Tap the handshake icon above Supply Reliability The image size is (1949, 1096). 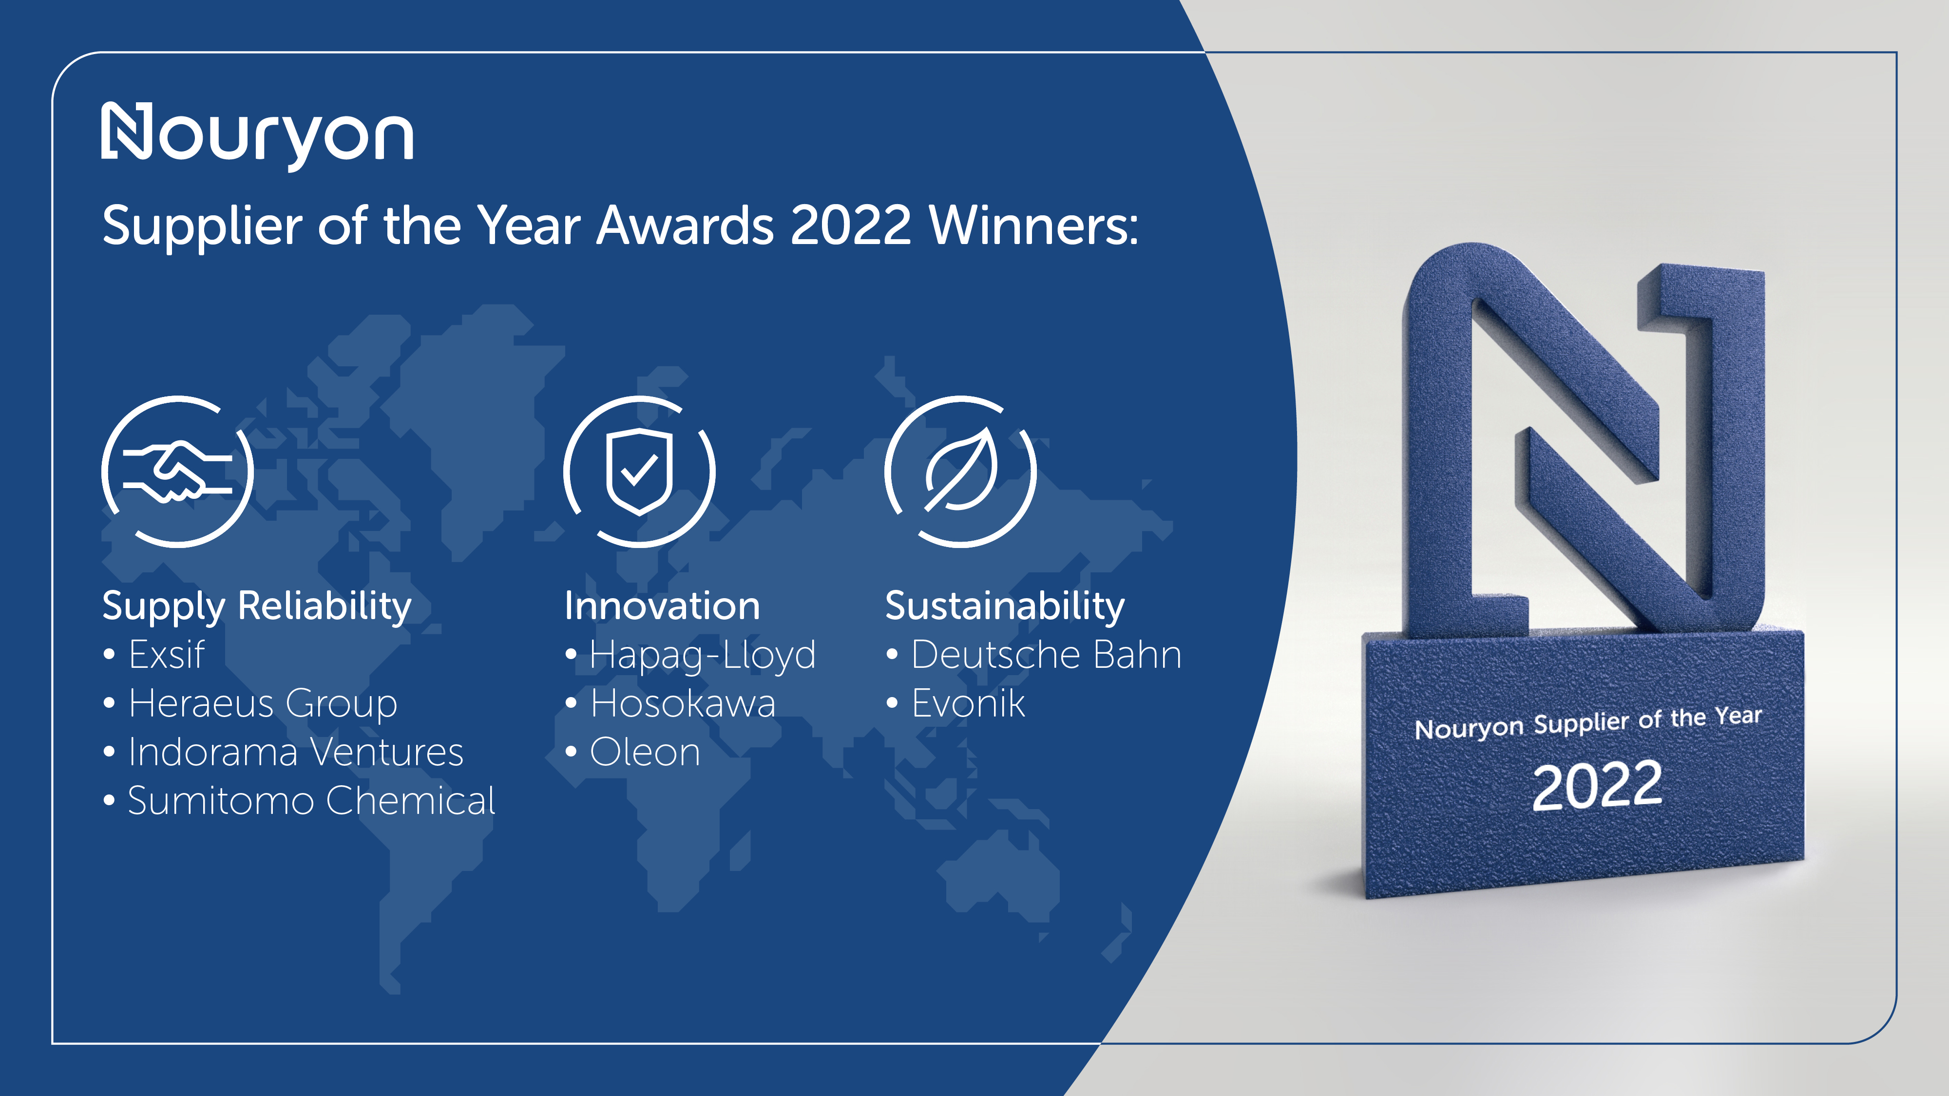click(x=178, y=471)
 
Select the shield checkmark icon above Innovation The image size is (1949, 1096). click(x=639, y=471)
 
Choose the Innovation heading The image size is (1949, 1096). click(x=662, y=606)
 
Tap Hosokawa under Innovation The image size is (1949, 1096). click(x=683, y=703)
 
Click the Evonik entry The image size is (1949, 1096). click(x=969, y=703)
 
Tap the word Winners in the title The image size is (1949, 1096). click(x=1033, y=226)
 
